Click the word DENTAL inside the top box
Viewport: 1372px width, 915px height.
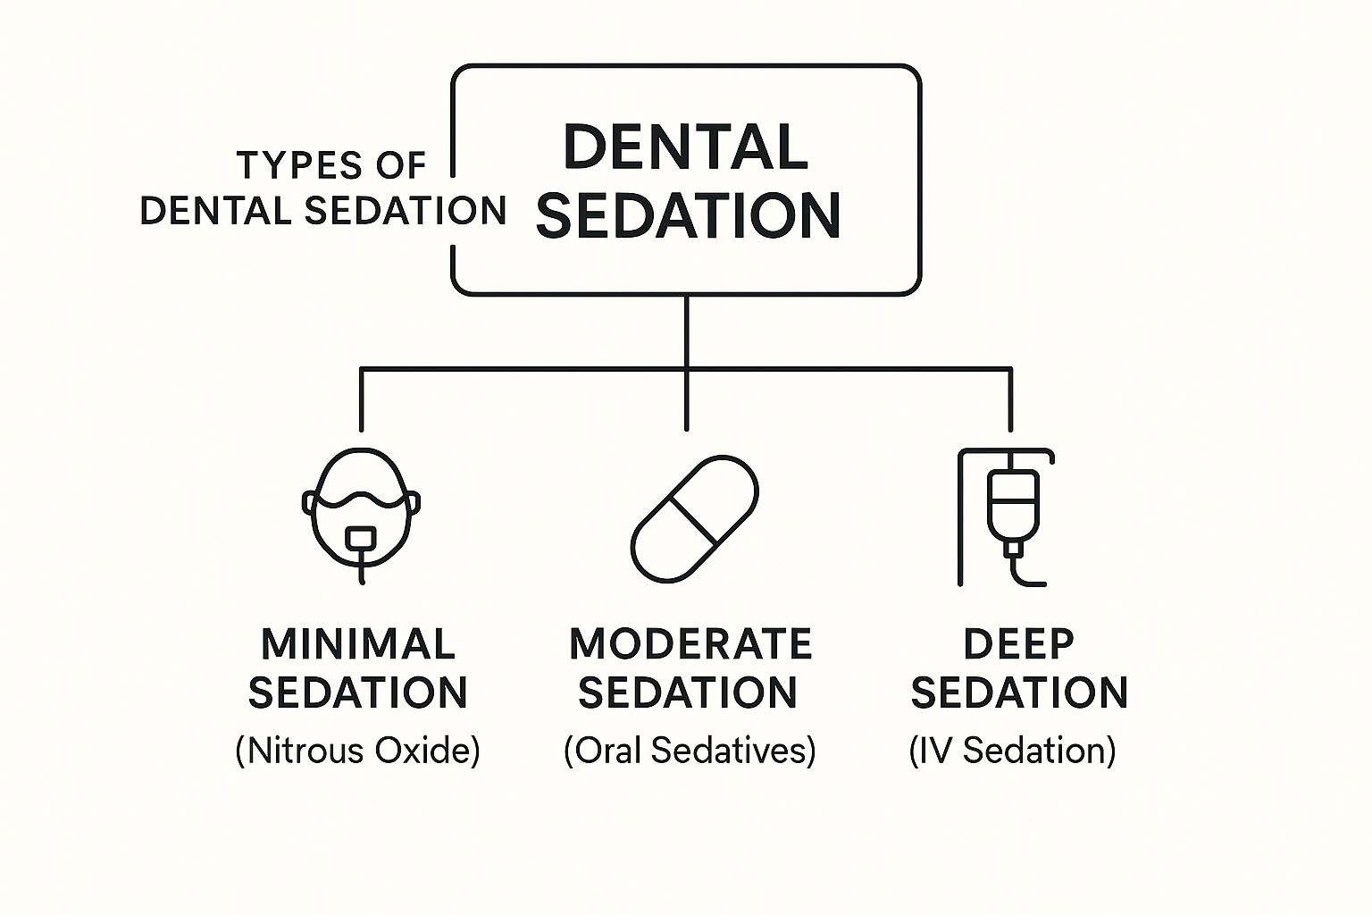(x=686, y=147)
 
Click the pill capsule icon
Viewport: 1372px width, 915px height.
(x=695, y=518)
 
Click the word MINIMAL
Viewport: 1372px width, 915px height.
(x=358, y=643)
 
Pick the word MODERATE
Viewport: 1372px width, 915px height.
(x=690, y=643)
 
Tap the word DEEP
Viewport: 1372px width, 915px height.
(x=1019, y=643)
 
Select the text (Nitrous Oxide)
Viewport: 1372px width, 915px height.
(x=357, y=751)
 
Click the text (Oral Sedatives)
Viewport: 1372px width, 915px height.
(x=690, y=751)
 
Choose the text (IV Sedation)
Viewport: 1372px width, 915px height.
(x=1012, y=751)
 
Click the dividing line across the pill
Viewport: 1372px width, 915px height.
(x=693, y=520)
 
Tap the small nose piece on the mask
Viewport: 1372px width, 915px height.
(x=361, y=538)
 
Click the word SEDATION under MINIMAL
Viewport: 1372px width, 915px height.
(x=358, y=693)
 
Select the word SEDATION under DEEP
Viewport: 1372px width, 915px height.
(x=1019, y=693)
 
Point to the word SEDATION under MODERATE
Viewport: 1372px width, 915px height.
(x=688, y=693)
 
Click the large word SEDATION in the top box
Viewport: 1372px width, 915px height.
(x=688, y=215)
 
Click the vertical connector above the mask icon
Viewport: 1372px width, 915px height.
(x=362, y=399)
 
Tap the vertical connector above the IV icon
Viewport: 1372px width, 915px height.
(x=1010, y=399)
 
